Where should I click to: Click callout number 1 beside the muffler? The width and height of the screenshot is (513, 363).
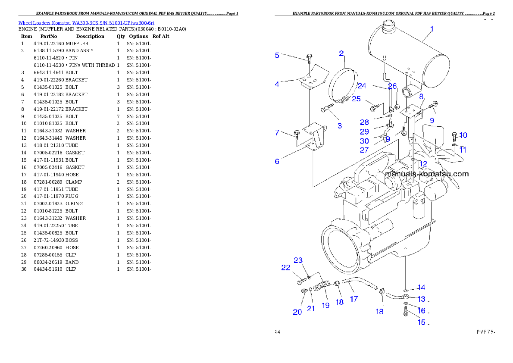click(x=432, y=29)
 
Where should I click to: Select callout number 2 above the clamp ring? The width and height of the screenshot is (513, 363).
click(x=341, y=54)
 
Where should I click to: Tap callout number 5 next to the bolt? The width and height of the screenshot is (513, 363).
click(x=277, y=55)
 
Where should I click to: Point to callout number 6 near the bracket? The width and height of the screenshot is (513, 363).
click(x=277, y=162)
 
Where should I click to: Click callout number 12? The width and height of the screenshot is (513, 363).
click(x=423, y=164)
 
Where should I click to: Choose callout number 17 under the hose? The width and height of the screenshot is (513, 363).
click(x=353, y=299)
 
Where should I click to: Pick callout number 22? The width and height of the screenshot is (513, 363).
click(x=286, y=268)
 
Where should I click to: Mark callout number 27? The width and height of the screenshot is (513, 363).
click(x=364, y=150)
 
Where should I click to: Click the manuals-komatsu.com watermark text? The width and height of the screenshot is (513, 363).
click(x=426, y=174)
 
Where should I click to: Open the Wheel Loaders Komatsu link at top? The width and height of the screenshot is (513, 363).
click(x=86, y=23)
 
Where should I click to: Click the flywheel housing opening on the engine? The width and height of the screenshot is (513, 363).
click(x=341, y=250)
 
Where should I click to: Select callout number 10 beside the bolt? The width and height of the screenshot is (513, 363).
click(x=463, y=135)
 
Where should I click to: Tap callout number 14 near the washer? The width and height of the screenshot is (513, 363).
click(x=421, y=288)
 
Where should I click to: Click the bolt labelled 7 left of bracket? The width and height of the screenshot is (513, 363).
click(x=297, y=134)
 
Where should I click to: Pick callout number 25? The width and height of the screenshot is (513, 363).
click(x=356, y=99)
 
